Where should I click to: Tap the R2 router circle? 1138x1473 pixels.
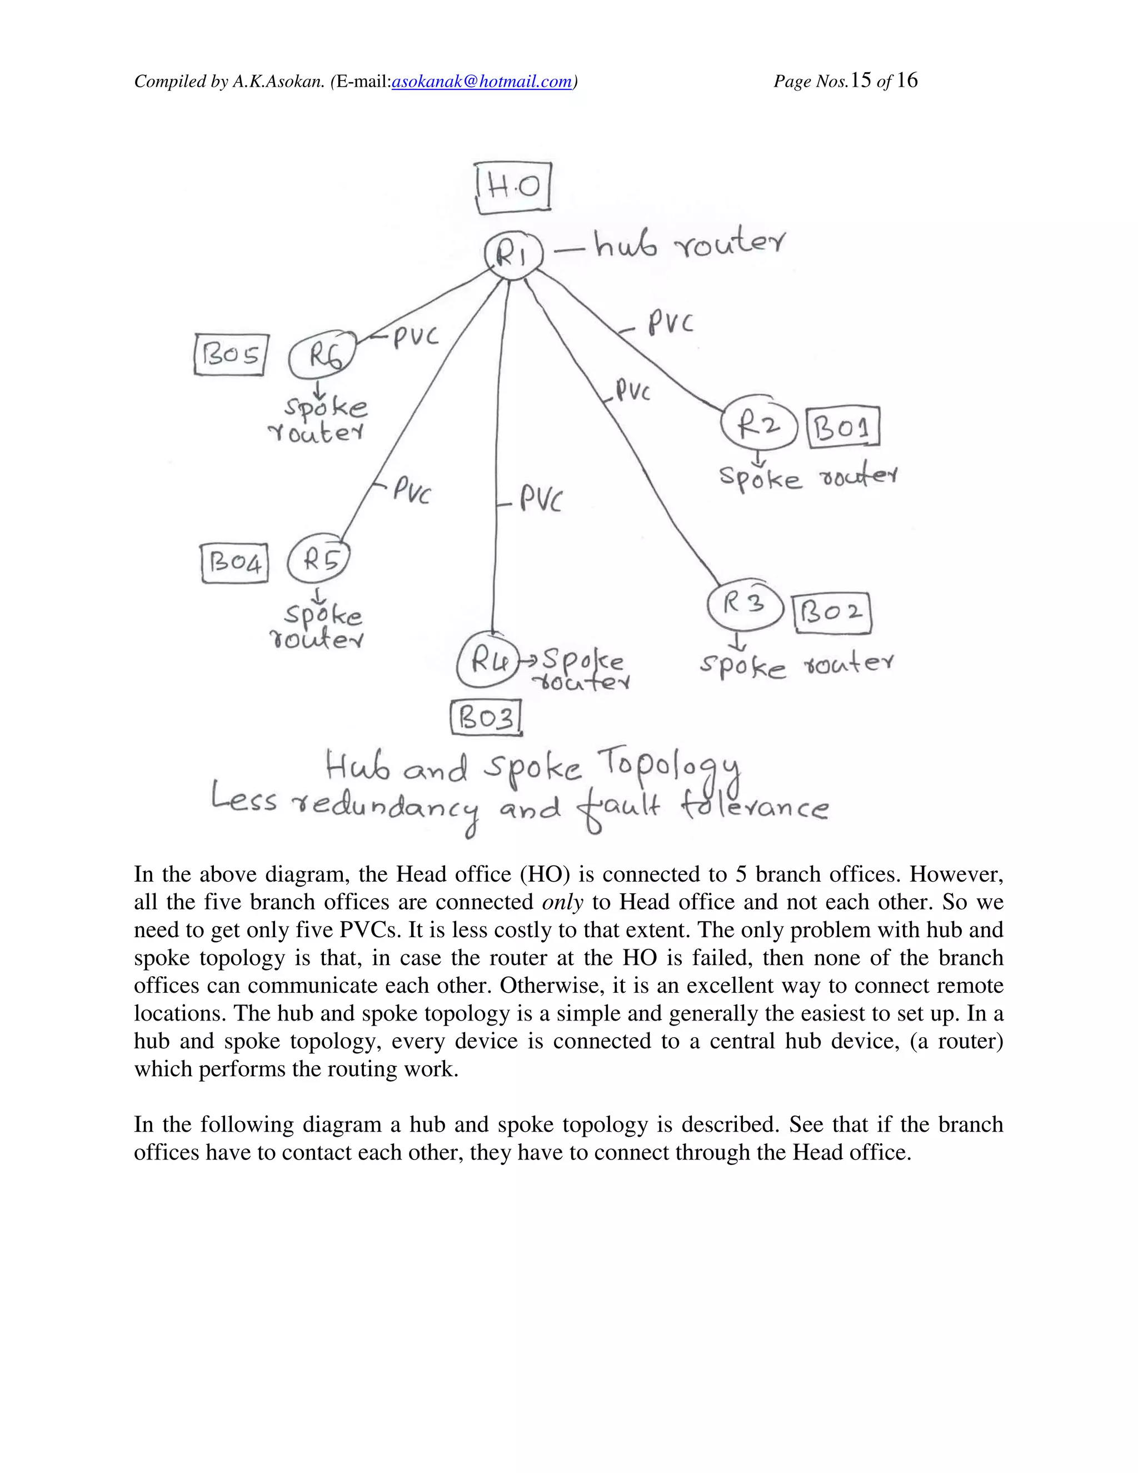click(x=758, y=425)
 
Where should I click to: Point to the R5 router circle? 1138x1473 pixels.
click(x=319, y=560)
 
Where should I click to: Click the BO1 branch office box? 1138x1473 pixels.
click(x=843, y=427)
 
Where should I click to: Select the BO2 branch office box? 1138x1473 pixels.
click(x=832, y=613)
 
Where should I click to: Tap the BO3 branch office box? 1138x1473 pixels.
click(x=486, y=719)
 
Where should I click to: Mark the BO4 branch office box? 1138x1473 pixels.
click(x=234, y=563)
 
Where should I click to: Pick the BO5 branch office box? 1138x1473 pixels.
click(x=231, y=355)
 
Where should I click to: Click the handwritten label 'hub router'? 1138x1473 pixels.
click(x=689, y=244)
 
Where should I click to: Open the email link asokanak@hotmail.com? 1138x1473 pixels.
click(x=481, y=82)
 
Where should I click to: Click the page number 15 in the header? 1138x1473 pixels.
click(x=861, y=81)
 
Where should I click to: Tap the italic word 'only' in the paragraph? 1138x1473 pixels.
click(x=562, y=902)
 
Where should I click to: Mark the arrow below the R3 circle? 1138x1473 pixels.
click(x=739, y=641)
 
